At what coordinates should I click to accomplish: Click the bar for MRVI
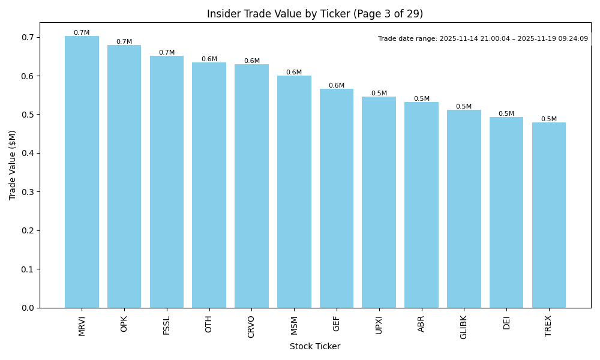click(x=82, y=172)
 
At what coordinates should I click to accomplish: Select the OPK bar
click(x=124, y=176)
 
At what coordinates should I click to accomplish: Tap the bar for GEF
click(x=337, y=199)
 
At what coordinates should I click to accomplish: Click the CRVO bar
click(x=251, y=186)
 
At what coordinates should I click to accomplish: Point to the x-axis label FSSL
click(x=167, y=325)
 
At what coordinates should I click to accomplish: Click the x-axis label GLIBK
click(x=464, y=327)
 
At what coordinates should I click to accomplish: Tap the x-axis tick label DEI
click(x=506, y=323)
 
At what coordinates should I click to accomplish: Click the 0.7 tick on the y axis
click(x=28, y=37)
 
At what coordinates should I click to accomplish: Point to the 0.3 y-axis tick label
click(x=28, y=192)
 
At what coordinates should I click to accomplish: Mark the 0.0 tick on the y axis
click(x=28, y=308)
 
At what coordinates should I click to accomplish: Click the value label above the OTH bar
click(x=209, y=59)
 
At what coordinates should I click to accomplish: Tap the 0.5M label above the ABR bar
click(x=422, y=99)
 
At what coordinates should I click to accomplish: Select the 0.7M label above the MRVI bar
click(x=82, y=33)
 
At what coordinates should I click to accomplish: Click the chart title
click(x=315, y=14)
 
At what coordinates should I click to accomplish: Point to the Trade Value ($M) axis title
click(x=13, y=165)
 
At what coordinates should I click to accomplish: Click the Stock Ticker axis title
click(x=315, y=347)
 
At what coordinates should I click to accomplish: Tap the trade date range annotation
click(x=483, y=39)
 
